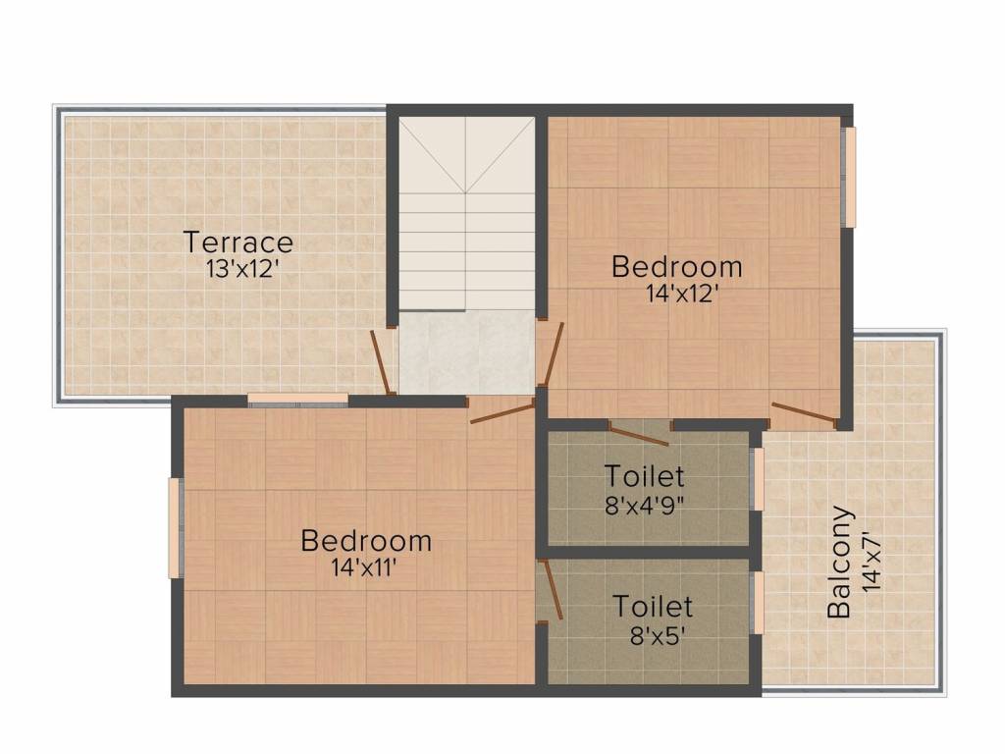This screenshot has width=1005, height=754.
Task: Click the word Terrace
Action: point(238,242)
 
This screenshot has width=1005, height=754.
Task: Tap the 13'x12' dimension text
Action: point(238,268)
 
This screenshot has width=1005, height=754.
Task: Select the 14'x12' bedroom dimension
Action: point(676,293)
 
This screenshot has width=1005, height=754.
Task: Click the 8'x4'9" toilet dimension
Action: point(644,505)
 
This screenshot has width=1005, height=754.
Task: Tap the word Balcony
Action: point(839,562)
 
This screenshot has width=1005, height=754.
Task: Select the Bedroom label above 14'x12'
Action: point(677,266)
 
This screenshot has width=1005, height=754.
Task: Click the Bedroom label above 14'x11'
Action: point(366,540)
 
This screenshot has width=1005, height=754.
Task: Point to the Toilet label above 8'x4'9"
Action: point(644,477)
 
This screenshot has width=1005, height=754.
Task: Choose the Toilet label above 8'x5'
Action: point(654,607)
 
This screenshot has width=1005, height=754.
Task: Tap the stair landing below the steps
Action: point(466,351)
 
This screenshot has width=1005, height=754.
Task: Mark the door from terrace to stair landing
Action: point(383,362)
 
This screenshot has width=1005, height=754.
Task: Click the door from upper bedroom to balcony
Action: point(804,413)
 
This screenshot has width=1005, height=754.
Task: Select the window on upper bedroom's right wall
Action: point(850,177)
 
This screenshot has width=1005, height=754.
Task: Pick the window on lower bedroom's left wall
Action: point(175,527)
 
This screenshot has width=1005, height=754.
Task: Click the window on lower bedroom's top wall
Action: point(297,399)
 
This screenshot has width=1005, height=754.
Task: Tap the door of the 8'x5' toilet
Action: point(551,590)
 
